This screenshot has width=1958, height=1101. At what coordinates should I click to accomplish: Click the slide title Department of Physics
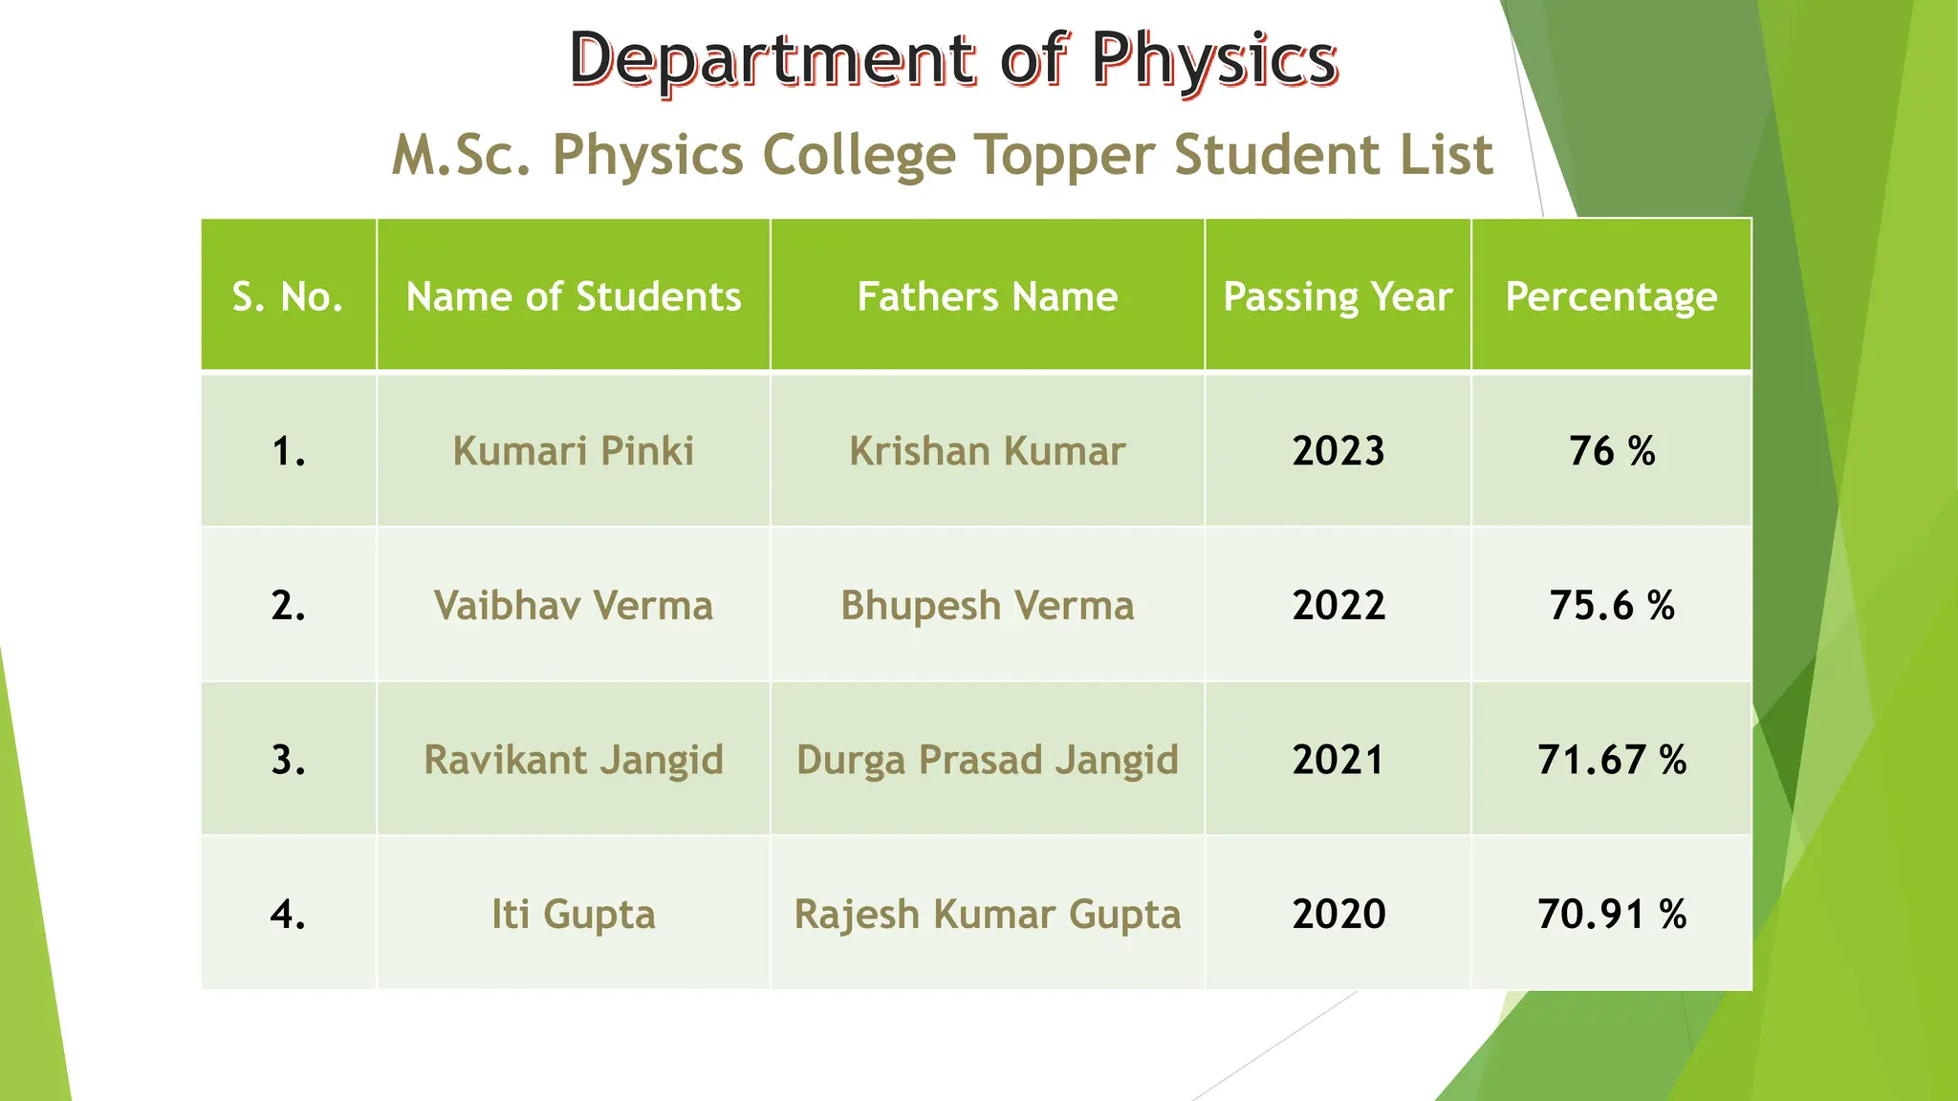coord(953,59)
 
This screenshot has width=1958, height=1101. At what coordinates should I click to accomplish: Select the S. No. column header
coord(288,296)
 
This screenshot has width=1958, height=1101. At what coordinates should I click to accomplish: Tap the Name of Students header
coord(574,296)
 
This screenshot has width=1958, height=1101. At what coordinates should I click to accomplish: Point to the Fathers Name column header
coord(987,296)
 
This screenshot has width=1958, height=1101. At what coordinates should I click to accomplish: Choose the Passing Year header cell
coord(1338,296)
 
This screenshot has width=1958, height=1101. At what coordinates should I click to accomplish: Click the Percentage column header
coord(1611,296)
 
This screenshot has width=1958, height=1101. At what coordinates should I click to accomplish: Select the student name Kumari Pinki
coord(574,451)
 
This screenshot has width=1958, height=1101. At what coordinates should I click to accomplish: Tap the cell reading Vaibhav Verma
coord(574,606)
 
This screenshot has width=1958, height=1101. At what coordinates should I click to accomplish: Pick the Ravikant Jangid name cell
coord(574,760)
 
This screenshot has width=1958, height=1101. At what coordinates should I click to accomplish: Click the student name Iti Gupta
coord(574,915)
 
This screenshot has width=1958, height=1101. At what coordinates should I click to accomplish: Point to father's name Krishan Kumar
coord(987,451)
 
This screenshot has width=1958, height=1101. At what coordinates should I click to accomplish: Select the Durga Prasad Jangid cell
coord(987,760)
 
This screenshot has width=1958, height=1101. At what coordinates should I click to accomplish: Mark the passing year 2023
coord(1338,451)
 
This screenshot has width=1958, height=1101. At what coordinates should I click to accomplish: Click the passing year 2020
coord(1338,915)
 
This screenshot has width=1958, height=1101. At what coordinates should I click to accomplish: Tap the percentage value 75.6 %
coord(1611,606)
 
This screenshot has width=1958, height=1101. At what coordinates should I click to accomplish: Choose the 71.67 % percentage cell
coord(1611,760)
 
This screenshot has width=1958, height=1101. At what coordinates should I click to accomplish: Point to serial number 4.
coord(288,915)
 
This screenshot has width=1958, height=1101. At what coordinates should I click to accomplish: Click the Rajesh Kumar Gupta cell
coord(987,915)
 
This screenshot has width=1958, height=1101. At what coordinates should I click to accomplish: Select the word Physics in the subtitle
coord(647,155)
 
